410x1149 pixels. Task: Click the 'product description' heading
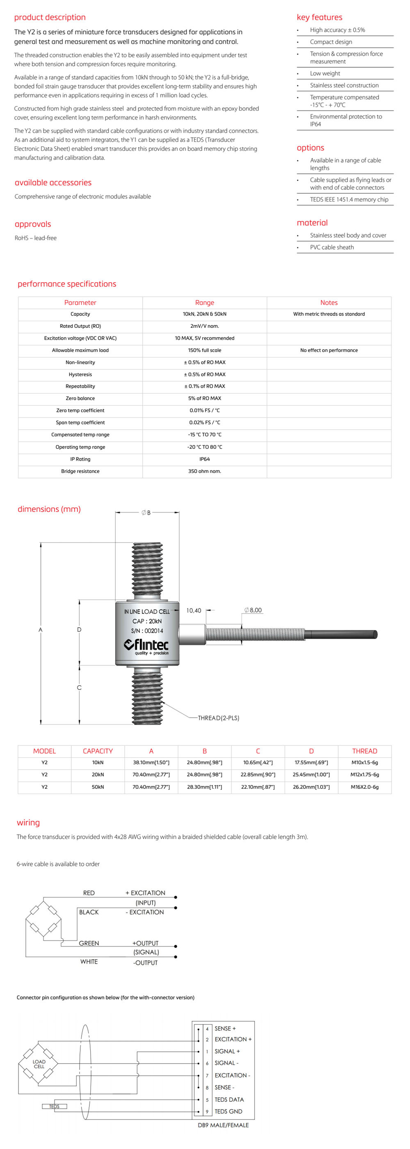tap(50, 17)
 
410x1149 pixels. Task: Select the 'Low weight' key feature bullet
tap(325, 74)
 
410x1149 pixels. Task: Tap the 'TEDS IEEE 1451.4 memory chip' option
tap(349, 200)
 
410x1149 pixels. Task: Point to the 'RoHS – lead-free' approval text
tap(36, 238)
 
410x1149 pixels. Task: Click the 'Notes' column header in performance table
tap(329, 303)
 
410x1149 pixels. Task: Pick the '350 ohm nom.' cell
tap(204, 472)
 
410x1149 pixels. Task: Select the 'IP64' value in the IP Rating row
tap(204, 459)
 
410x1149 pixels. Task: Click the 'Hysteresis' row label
tap(80, 375)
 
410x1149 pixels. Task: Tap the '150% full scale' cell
tap(204, 351)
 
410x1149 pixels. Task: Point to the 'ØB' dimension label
tap(146, 513)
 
